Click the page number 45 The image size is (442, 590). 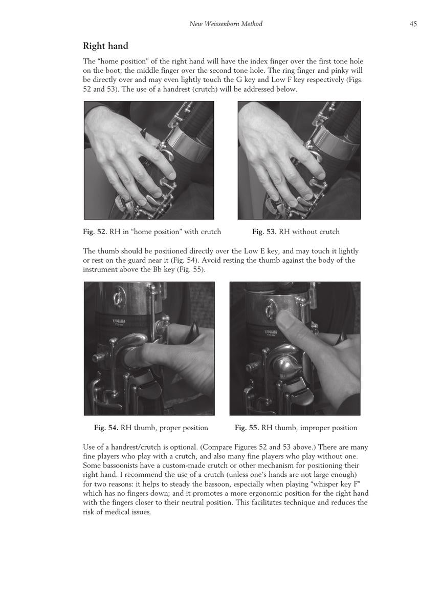coord(413,24)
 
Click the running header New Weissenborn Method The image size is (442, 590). coord(226,24)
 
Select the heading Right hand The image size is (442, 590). coord(105,47)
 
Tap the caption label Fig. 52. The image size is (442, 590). coord(95,231)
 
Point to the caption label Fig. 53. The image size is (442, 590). coord(264,231)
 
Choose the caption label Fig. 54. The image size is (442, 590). coord(106,428)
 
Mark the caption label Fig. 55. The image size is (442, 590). coord(247,428)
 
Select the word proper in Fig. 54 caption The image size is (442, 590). coord(163,428)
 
